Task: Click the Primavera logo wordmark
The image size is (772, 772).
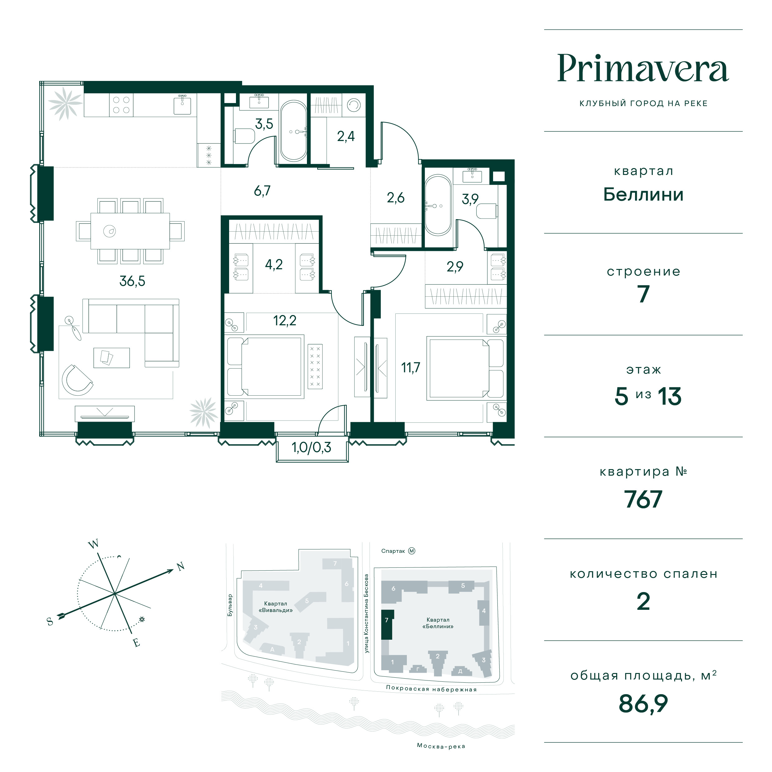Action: pos(643,68)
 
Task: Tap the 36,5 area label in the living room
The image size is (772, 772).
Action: pos(132,281)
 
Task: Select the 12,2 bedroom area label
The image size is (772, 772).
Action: pos(285,320)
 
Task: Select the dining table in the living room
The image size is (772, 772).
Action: pos(130,231)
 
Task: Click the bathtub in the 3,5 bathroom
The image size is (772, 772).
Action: pos(293,131)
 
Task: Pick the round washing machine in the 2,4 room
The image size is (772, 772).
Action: pos(354,105)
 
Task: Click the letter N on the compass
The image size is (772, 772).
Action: pos(181,566)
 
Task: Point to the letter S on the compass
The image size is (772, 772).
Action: pos(50,621)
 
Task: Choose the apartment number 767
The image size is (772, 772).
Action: pos(643,500)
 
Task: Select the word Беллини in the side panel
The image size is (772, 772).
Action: pos(643,195)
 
